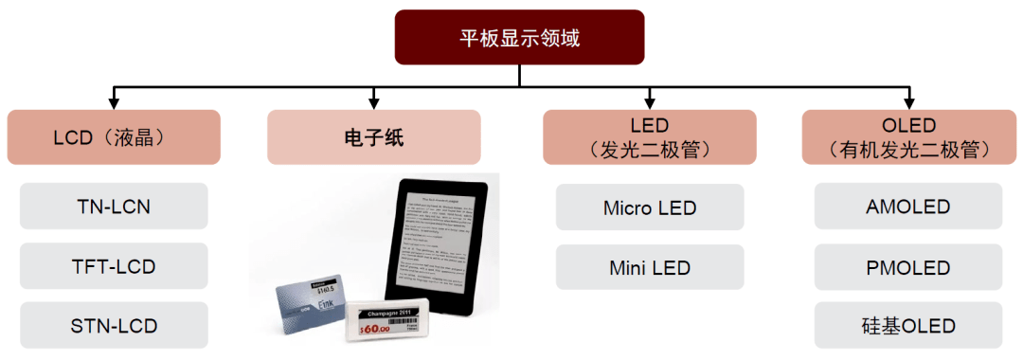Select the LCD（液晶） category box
pyautogui.click(x=114, y=137)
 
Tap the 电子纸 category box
pyautogui.click(x=373, y=137)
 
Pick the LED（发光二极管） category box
pyautogui.click(x=649, y=137)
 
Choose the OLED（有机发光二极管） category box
pyautogui.click(x=908, y=137)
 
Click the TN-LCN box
pyautogui.click(x=114, y=207)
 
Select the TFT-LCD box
pyautogui.click(x=114, y=266)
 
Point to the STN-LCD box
pyautogui.click(x=114, y=326)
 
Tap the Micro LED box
pyautogui.click(x=649, y=207)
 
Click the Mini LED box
pyautogui.click(x=649, y=267)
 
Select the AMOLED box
pyautogui.click(x=908, y=207)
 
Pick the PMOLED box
pyautogui.click(x=908, y=267)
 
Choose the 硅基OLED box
pyautogui.click(x=908, y=326)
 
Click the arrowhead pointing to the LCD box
pyautogui.click(x=114, y=100)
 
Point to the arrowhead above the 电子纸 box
pyautogui.click(x=373, y=100)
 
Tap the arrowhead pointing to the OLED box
pyautogui.click(x=908, y=100)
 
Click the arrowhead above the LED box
pyautogui.click(x=649, y=100)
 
